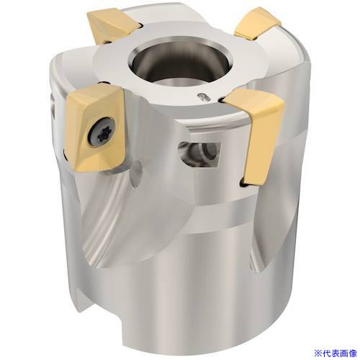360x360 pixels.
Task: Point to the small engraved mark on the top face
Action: [203, 97]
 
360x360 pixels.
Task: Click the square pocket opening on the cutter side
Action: [199, 154]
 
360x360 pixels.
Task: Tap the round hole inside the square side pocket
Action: [209, 151]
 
